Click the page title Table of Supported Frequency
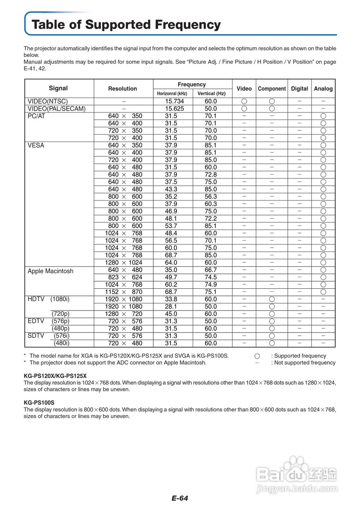(126, 25)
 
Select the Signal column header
(58, 88)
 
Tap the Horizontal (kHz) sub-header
(172, 94)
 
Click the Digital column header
(299, 89)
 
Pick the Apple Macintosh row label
(50, 271)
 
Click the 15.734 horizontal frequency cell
(174, 101)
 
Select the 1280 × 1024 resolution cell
(123, 262)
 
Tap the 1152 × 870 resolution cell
(123, 292)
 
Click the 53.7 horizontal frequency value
(171, 226)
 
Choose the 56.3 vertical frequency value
(211, 196)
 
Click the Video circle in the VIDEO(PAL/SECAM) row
(244, 109)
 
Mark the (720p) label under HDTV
(60, 314)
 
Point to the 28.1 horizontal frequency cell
(171, 307)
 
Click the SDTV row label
(36, 336)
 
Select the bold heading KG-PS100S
(39, 402)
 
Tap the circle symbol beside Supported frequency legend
(257, 356)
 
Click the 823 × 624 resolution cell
(123, 277)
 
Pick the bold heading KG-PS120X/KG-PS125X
(55, 376)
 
